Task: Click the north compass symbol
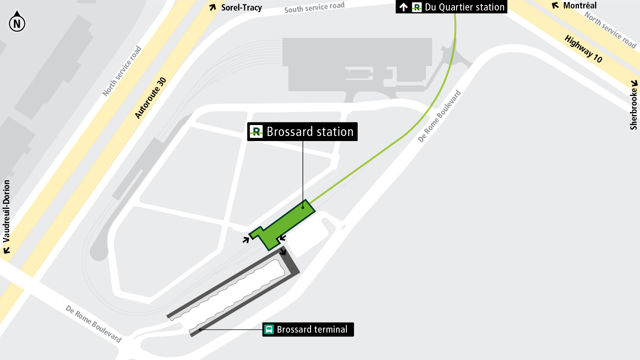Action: coord(17,23)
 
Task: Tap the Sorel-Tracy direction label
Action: coord(242,8)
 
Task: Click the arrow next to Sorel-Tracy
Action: coord(213,7)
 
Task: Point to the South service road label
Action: coord(314,7)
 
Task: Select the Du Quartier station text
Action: coord(465,7)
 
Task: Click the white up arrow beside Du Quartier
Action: coord(404,7)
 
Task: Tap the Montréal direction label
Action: coord(580,5)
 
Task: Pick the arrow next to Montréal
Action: coord(555,5)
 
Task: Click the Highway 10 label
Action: coord(583,49)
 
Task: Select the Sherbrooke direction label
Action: coord(633,109)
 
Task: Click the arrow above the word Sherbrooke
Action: coord(634,83)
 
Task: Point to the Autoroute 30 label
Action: coord(151,98)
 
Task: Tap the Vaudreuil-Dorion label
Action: coord(6,211)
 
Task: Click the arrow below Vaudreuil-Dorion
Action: coord(6,251)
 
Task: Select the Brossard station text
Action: coord(310,132)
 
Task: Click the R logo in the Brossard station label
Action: coord(256,132)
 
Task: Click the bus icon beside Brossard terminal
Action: coord(269,329)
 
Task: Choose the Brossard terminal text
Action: coord(312,329)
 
